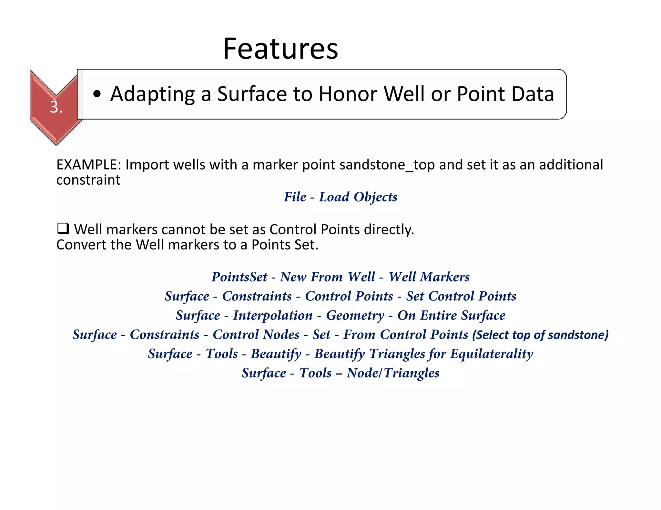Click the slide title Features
280,49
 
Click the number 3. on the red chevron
56,107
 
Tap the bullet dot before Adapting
97,94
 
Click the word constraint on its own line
88,180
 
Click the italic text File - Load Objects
341,197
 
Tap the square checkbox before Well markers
63,229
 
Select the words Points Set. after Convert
285,245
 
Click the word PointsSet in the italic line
239,277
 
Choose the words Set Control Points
461,296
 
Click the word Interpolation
273,315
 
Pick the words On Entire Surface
451,315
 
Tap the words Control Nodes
256,334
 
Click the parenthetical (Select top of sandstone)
540,335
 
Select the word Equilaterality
492,354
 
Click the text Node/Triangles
393,373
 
